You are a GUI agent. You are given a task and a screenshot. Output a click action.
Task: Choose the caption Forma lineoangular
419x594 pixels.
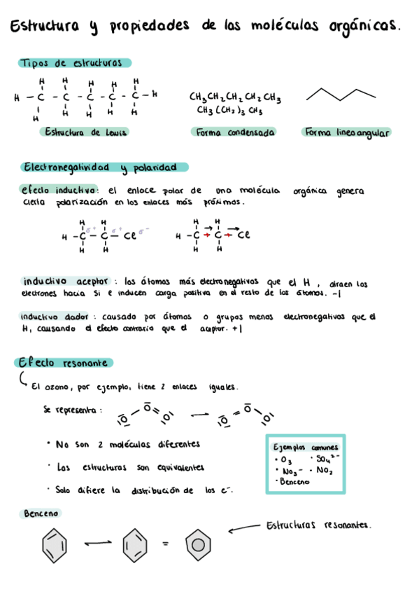(x=346, y=132)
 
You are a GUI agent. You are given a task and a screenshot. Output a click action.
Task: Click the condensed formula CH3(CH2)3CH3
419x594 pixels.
(x=229, y=110)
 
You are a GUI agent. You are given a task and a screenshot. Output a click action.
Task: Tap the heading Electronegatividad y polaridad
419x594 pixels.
(x=99, y=167)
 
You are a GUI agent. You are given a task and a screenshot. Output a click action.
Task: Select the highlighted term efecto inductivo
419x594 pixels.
(x=59, y=191)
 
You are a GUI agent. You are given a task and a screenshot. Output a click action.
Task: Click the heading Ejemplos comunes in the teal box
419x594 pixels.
(x=306, y=447)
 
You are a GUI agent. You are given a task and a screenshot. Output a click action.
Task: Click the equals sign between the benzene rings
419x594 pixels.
(x=165, y=544)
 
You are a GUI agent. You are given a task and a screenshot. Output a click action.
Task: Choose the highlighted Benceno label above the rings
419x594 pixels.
(x=41, y=513)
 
